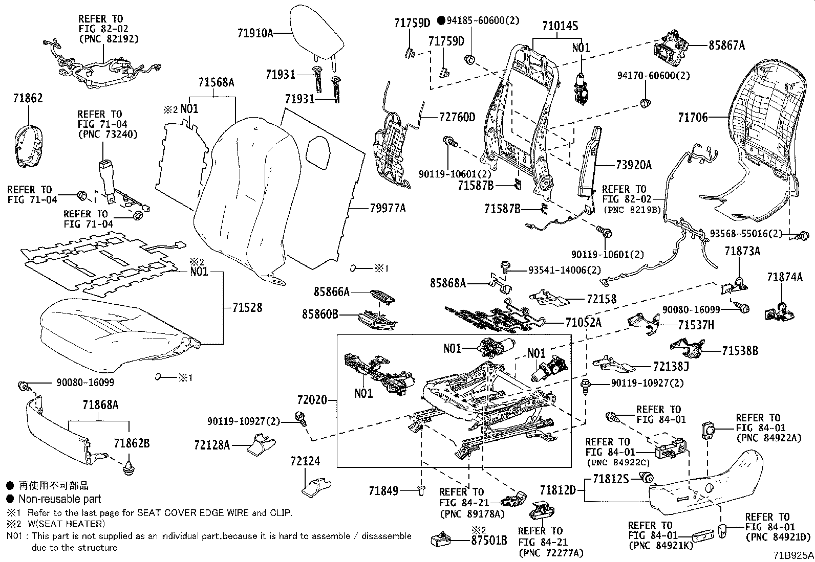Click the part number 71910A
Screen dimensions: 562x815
coord(254,33)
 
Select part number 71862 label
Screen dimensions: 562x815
coord(28,99)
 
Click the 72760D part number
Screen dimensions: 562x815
coord(457,118)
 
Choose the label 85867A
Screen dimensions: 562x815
coord(726,46)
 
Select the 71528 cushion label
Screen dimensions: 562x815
coord(247,307)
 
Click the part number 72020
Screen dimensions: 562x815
coord(311,399)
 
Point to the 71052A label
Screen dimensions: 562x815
coord(584,323)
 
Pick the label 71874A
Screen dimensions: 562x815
coord(785,278)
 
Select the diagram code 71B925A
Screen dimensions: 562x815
coord(793,555)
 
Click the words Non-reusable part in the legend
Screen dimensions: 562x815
coord(60,499)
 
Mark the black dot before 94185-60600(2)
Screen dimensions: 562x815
coord(441,20)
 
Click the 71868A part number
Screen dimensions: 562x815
coord(100,405)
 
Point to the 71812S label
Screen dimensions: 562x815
coord(611,479)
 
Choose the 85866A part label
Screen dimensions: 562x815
coord(332,292)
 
